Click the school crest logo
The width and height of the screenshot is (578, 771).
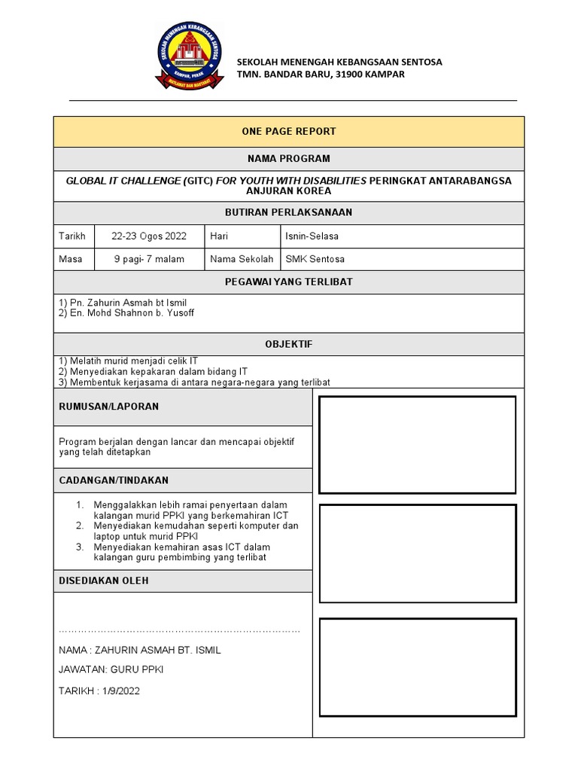pos(189,56)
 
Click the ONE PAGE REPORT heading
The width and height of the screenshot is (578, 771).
pos(288,131)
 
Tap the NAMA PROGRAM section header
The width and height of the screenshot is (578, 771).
pos(288,159)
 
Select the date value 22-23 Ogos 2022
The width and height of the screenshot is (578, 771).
pos(149,236)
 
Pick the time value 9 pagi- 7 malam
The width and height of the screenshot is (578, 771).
pos(149,259)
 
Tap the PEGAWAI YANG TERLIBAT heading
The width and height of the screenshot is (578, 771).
pos(288,282)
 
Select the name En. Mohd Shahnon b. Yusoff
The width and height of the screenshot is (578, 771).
pos(126,313)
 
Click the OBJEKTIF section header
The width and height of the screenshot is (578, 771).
pos(288,344)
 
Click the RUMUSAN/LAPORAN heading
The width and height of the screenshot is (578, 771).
pos(108,407)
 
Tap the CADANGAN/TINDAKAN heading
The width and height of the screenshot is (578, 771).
pos(114,480)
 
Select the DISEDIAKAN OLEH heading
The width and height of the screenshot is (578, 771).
pos(104,581)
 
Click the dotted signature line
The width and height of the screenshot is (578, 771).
pos(179,630)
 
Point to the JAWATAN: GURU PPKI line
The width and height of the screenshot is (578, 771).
pos(111,669)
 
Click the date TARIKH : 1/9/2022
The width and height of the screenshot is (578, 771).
pos(99,690)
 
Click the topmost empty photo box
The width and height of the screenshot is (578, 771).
pos(417,444)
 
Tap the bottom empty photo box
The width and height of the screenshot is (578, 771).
pos(417,666)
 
